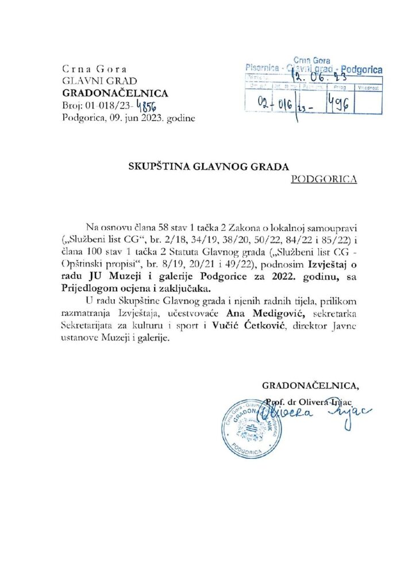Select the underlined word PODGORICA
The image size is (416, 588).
pos(324,179)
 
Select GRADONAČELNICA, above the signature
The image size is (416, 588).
pos(312,385)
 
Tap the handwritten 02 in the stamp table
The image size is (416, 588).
pos(264,103)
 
